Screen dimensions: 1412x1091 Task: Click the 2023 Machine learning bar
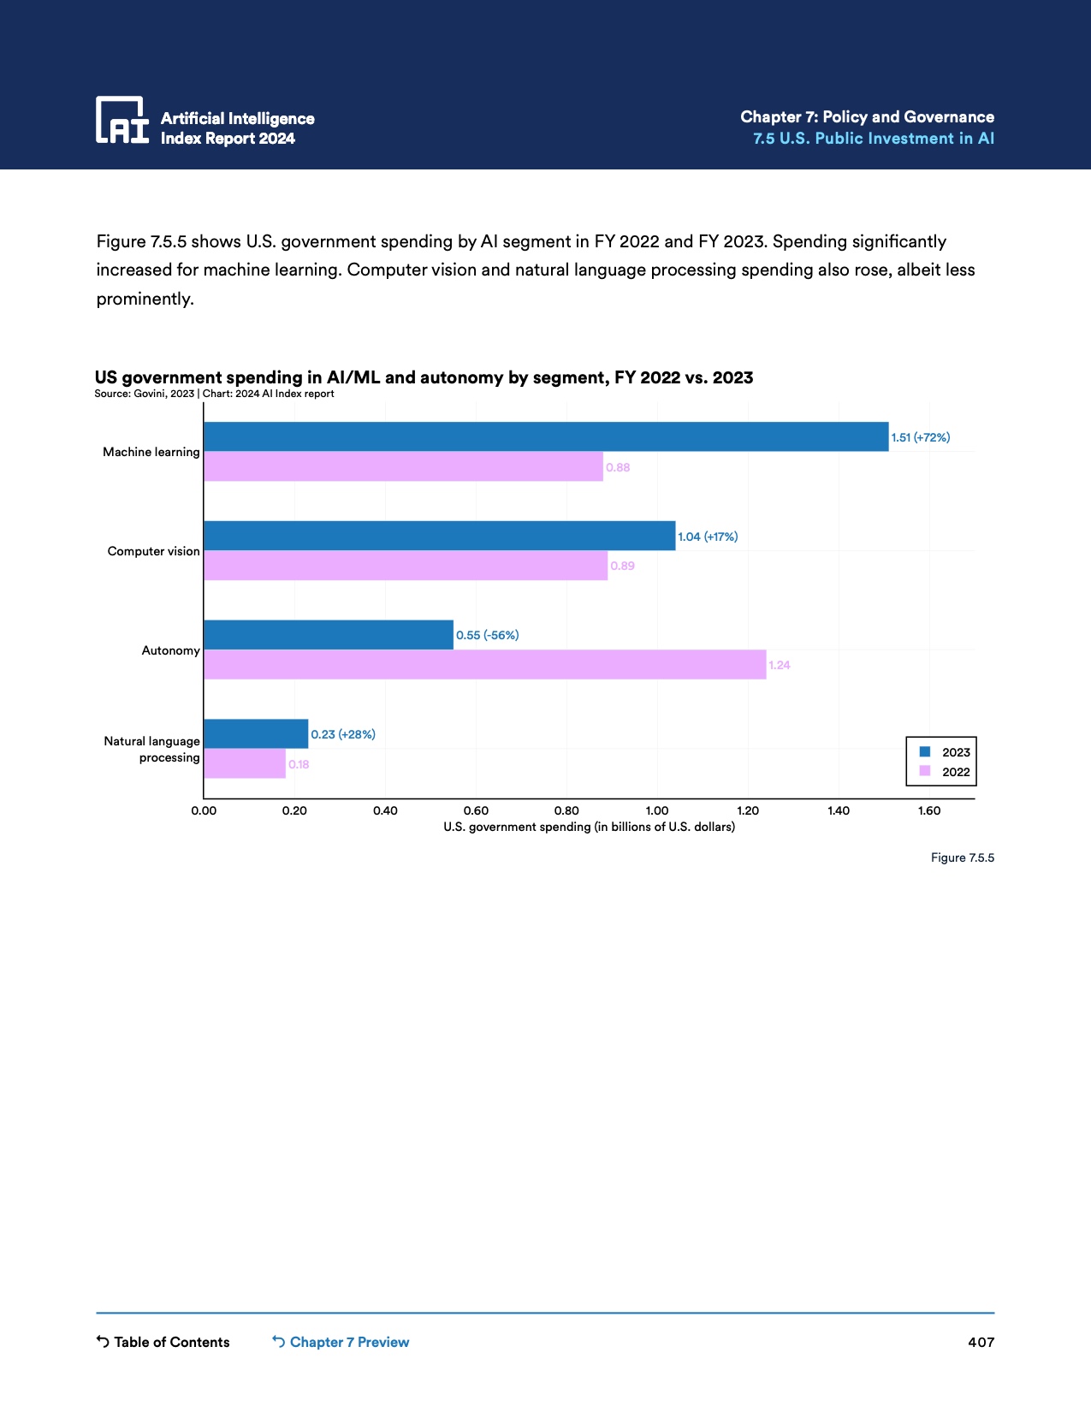click(546, 436)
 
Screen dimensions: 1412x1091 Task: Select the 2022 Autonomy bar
click(484, 665)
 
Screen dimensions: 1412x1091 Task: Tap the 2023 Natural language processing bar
click(256, 734)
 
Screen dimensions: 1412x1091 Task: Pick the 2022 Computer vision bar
click(406, 566)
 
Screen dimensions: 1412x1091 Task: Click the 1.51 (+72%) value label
click(921, 437)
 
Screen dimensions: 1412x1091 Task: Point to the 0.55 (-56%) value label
click(488, 635)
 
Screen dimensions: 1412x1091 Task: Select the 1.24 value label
click(780, 665)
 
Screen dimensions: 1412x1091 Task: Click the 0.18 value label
click(299, 764)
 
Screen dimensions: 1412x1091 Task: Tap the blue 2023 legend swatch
click(925, 752)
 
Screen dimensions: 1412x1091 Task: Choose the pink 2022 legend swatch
click(925, 771)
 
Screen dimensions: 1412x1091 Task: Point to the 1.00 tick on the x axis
click(657, 810)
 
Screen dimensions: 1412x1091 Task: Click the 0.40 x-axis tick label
click(385, 810)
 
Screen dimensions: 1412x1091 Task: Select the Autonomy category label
click(171, 650)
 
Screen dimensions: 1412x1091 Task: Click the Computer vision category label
click(154, 551)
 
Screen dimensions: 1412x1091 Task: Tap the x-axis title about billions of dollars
click(590, 827)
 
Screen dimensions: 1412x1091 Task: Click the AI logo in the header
click(122, 120)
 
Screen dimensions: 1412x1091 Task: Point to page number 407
click(981, 1342)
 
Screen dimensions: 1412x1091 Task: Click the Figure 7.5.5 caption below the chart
click(963, 857)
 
